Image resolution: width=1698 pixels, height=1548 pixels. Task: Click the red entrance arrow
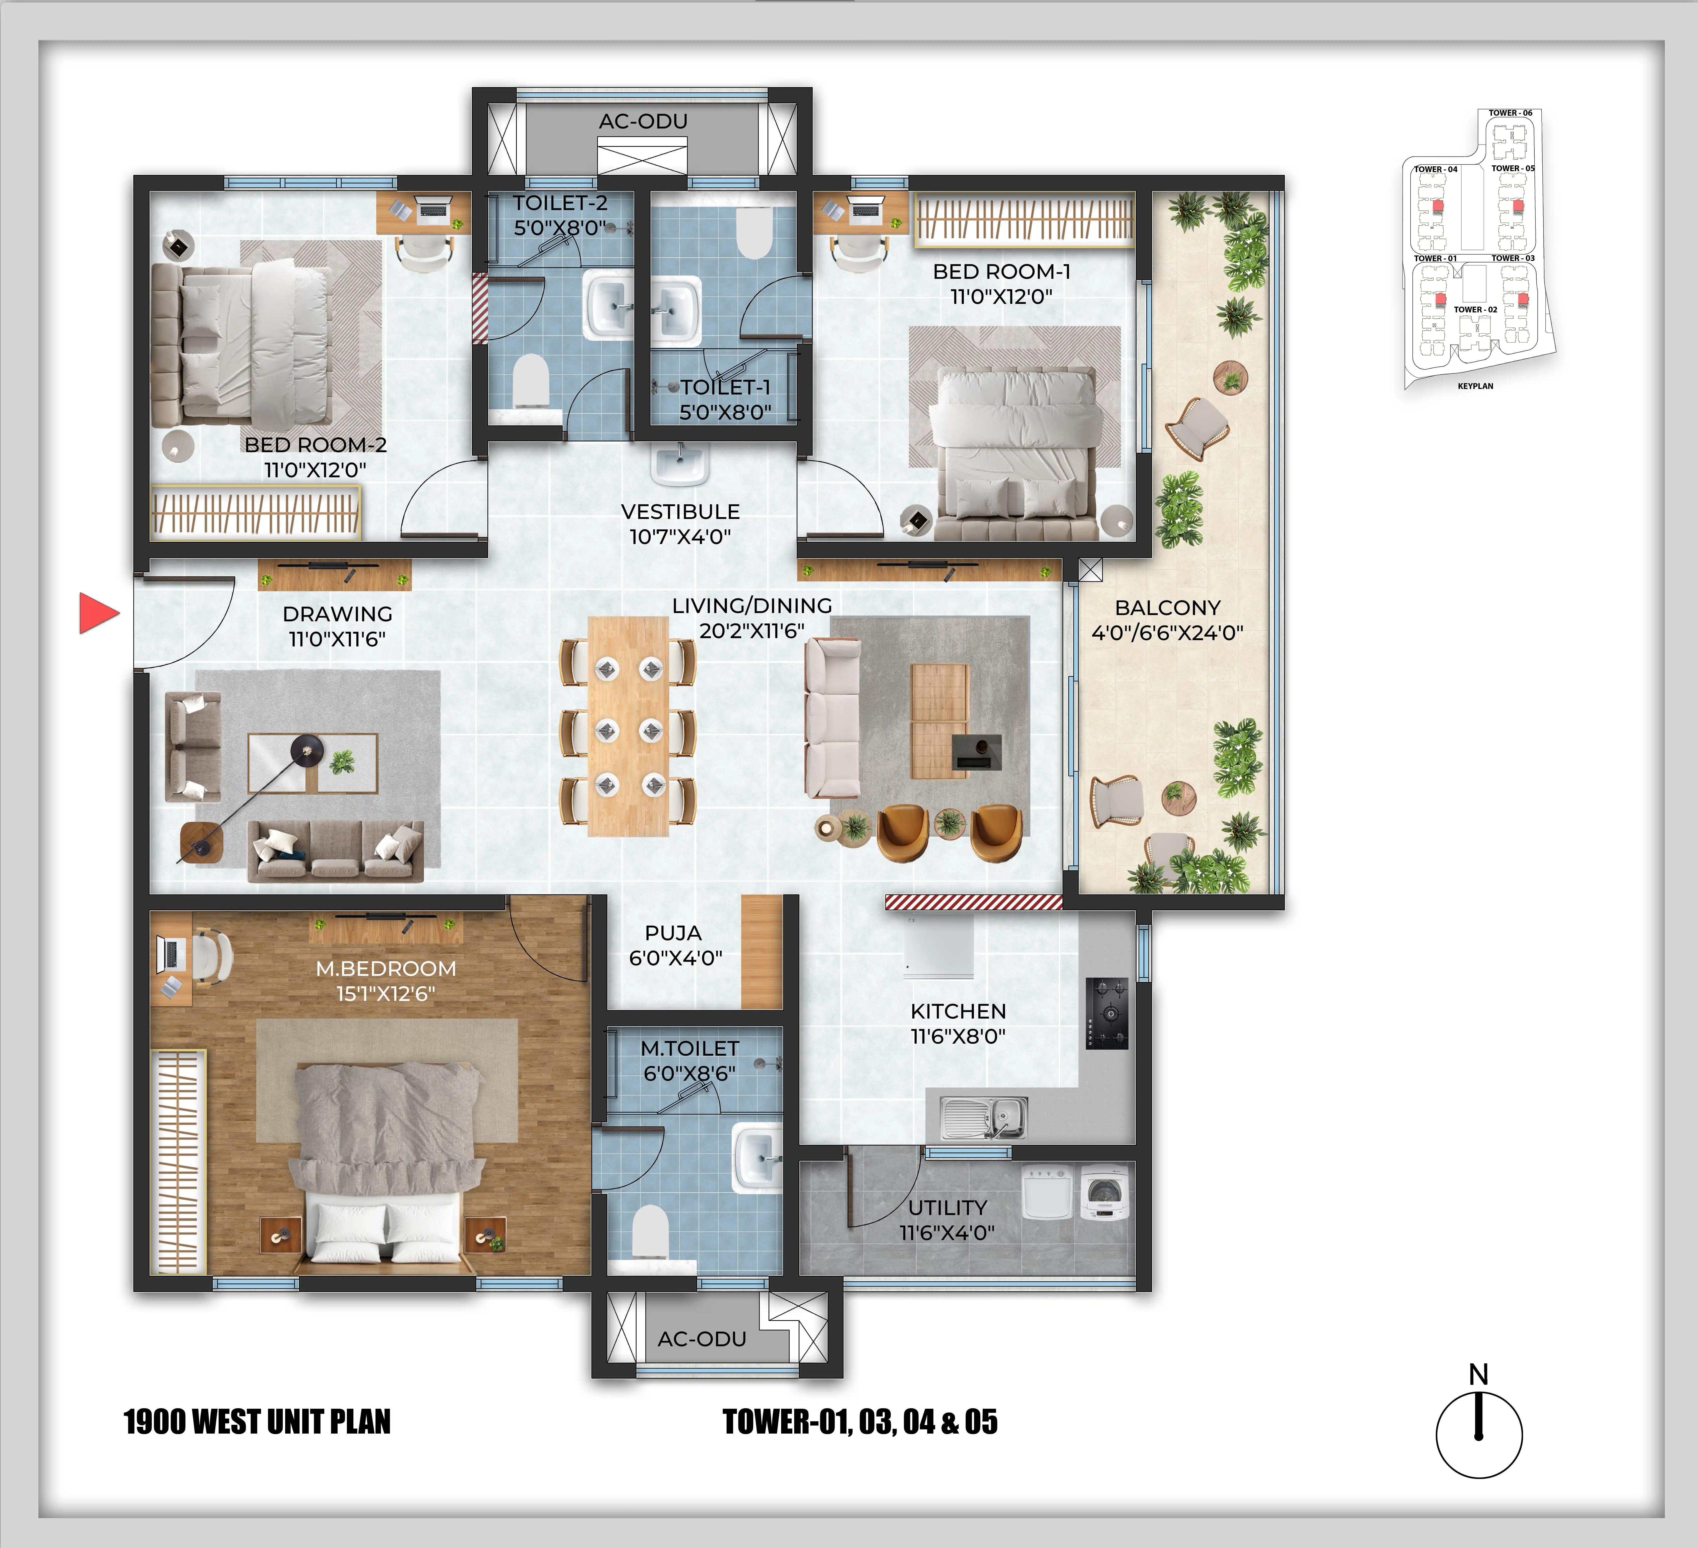click(98, 612)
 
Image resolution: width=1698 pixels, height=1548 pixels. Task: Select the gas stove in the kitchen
click(1107, 1013)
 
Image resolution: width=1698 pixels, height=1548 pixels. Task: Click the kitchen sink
click(984, 1118)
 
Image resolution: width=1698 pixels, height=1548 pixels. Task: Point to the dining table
click(628, 726)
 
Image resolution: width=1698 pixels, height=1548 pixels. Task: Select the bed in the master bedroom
click(387, 1164)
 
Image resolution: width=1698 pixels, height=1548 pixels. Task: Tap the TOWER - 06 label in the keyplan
click(1510, 113)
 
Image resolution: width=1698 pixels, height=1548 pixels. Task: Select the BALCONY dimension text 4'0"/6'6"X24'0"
click(1167, 633)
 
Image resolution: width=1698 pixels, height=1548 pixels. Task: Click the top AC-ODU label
click(643, 121)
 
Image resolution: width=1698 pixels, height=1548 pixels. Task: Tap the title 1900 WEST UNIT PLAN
click(257, 1422)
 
